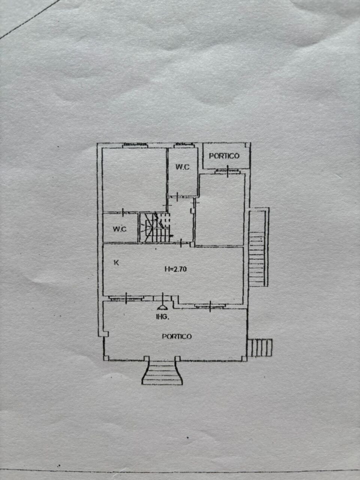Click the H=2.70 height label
coord(175,268)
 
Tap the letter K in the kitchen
coord(116,263)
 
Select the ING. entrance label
coord(162,317)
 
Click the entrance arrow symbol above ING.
coord(162,306)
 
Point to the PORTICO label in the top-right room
coord(224,156)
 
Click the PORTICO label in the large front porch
coord(177,336)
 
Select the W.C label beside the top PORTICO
coord(183,167)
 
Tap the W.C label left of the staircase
coord(120,229)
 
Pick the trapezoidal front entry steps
coord(162,372)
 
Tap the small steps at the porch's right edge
coord(261,347)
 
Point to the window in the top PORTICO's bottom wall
coord(227,171)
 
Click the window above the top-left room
coord(135,145)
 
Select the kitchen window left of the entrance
coord(126,298)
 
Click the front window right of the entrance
coord(210,306)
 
